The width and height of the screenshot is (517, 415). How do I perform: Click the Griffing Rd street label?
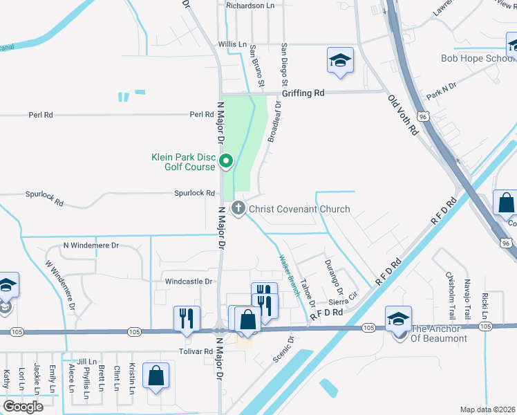[x=303, y=93]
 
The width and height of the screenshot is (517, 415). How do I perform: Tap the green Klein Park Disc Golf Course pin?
[x=226, y=162]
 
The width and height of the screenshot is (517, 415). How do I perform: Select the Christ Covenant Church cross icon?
[x=238, y=208]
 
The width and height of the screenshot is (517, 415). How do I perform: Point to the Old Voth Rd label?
[x=404, y=115]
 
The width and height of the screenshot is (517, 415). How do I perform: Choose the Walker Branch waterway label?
[x=289, y=276]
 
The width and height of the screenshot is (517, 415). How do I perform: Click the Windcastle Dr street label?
[x=188, y=282]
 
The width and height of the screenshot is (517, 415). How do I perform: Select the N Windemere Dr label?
[x=91, y=246]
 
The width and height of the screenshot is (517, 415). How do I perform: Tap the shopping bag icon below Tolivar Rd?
[x=156, y=376]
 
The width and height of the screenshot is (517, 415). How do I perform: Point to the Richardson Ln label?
[x=250, y=6]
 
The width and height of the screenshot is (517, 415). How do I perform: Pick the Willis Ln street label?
[x=232, y=44]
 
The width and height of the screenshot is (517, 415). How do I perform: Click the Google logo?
[x=23, y=407]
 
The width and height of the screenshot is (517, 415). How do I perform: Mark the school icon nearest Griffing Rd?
[x=340, y=60]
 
